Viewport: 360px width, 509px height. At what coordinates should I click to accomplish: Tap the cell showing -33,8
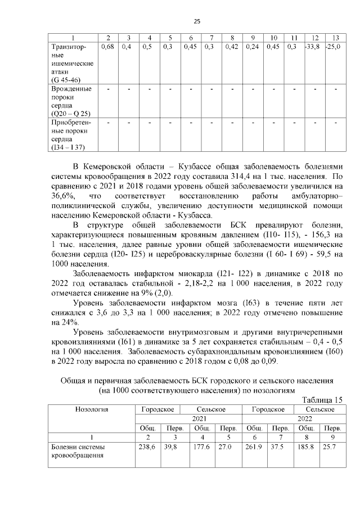click(x=312, y=47)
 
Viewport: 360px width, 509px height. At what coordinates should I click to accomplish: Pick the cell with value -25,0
click(x=332, y=47)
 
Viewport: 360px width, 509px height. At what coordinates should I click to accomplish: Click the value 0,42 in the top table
click(x=231, y=47)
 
